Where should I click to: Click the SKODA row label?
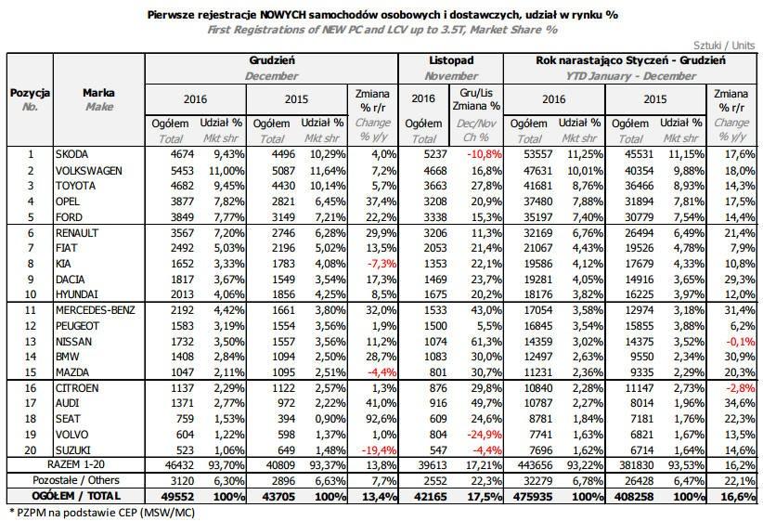(x=72, y=154)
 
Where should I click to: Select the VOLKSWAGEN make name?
(x=89, y=171)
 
